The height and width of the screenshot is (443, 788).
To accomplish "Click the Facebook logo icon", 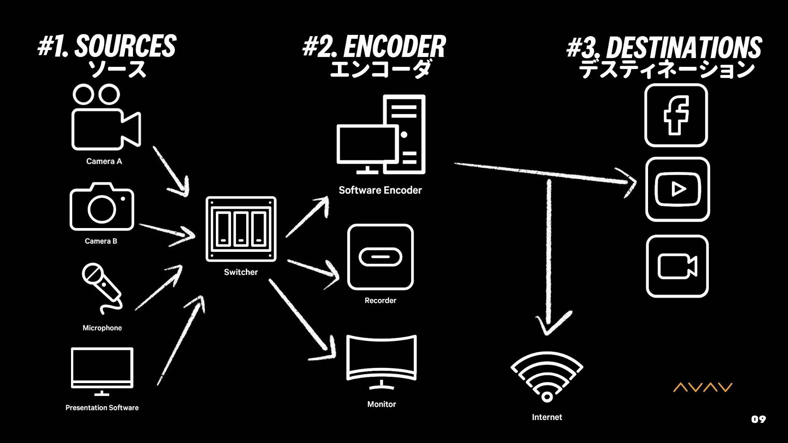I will [x=676, y=115].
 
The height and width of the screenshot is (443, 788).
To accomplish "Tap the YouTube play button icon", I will [x=678, y=189].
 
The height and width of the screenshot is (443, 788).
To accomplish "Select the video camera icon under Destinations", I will [x=677, y=266].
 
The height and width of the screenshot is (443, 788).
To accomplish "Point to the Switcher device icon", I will [x=241, y=229].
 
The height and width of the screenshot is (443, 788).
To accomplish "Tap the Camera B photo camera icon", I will [x=102, y=207].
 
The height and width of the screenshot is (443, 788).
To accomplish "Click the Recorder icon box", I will [x=380, y=257].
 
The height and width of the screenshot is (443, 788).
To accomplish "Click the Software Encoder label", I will [x=380, y=190].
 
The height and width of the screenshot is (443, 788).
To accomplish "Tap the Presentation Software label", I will [x=102, y=408].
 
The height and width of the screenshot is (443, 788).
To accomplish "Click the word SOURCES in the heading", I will [x=125, y=46].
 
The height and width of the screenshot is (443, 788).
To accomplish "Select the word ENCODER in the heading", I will [x=394, y=47].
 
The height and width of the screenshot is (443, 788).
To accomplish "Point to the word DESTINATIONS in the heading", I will [x=684, y=48].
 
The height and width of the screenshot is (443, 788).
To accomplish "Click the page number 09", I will [x=758, y=419].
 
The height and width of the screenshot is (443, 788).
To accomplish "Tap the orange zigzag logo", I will [x=703, y=387].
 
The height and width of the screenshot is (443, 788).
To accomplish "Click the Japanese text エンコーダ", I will [x=380, y=69].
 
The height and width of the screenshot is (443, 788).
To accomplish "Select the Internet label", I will [x=547, y=417].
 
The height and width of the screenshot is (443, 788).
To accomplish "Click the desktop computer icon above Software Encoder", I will [x=381, y=135].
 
